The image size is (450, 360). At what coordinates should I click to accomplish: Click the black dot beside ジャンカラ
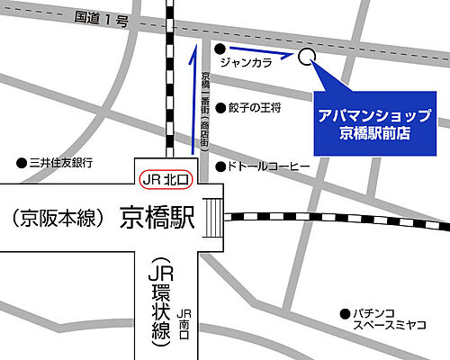(220, 49)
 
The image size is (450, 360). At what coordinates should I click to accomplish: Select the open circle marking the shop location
(306, 57)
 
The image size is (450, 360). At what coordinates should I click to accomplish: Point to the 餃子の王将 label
(255, 107)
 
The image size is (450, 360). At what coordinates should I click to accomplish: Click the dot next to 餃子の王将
(220, 107)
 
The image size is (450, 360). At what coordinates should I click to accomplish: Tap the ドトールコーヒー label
(268, 166)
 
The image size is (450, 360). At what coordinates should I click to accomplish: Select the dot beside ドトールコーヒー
(220, 166)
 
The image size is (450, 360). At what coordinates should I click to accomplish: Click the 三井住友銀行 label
(61, 163)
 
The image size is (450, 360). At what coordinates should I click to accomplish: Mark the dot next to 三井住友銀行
(22, 163)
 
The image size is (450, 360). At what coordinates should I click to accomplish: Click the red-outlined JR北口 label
(167, 179)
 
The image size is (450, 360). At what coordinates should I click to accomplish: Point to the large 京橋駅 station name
(157, 218)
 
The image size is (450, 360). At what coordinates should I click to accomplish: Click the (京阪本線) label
(54, 218)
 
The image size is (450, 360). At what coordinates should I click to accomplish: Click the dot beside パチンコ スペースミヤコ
(344, 313)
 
